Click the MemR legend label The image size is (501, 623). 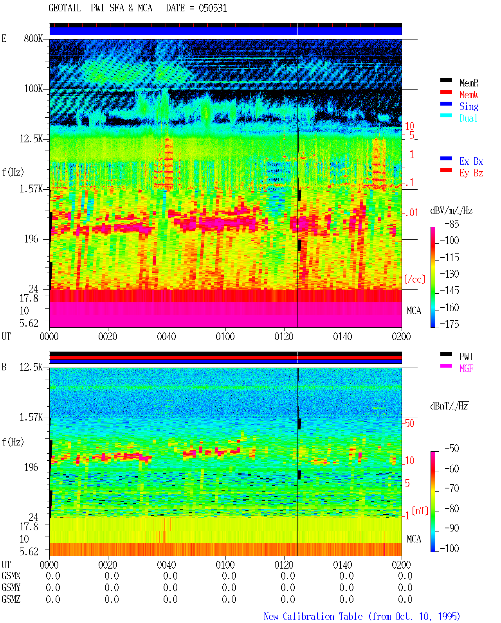click(x=469, y=83)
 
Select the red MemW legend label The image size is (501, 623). click(x=469, y=95)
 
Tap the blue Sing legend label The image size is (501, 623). click(x=469, y=106)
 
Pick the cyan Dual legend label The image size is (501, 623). click(x=468, y=118)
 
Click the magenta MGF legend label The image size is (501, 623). click(x=466, y=368)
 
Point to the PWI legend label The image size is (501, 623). click(x=466, y=357)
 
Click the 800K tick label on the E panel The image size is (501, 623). click(x=33, y=38)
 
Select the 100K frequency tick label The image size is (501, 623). click(x=33, y=89)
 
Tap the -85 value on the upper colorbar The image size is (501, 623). click(x=452, y=224)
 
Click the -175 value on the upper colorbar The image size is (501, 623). click(x=449, y=324)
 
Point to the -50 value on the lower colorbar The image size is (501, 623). click(x=452, y=449)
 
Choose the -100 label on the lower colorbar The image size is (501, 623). click(x=449, y=548)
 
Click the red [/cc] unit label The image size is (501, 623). click(x=414, y=279)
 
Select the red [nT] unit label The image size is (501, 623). click(x=420, y=511)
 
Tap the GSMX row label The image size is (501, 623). click(x=11, y=576)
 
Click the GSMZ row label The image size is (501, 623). click(x=11, y=599)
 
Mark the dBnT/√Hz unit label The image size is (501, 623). click(x=449, y=406)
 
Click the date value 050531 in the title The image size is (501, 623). click(x=213, y=8)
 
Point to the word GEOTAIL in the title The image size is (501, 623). click(x=65, y=8)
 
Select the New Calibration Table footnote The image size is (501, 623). click(x=362, y=616)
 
